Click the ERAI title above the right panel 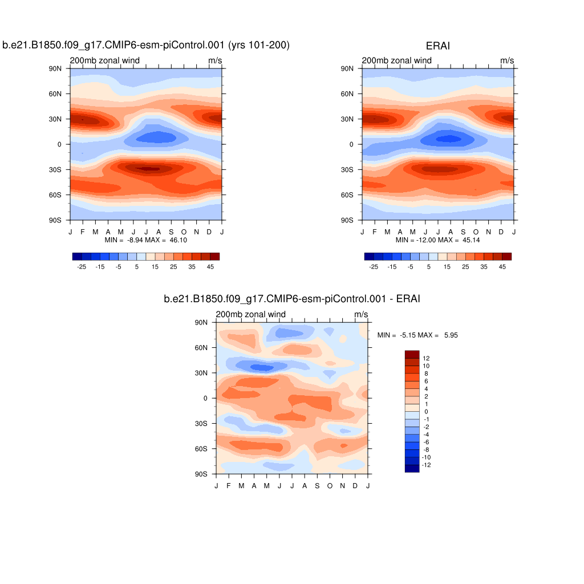coord(437,46)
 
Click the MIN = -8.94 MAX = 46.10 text coord(146,240)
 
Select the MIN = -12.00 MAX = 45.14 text coord(438,240)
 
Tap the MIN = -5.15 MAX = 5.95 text coord(417,335)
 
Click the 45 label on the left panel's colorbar coord(210,266)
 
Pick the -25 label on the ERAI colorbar coord(374,266)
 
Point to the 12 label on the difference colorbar coord(426,358)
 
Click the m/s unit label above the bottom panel coord(361,314)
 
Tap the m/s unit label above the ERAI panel coord(507,60)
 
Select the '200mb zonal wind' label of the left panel coord(104,60)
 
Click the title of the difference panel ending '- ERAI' coord(292,298)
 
